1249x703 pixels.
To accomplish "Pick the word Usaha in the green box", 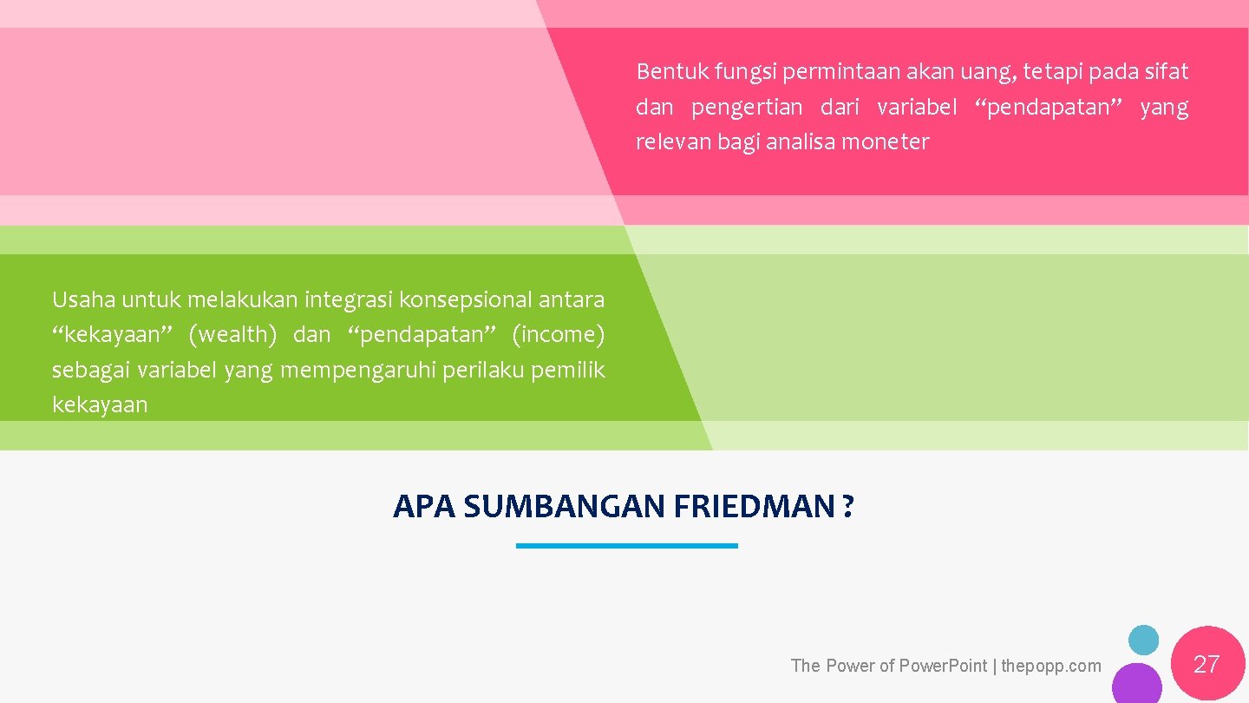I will click(83, 300).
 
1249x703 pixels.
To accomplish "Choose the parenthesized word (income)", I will click(558, 335).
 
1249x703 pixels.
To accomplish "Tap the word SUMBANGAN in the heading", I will click(563, 506).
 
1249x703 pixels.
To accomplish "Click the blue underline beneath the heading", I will click(626, 546).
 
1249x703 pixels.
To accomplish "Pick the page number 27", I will click(1206, 665).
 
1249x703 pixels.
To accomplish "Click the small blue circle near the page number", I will click(1143, 641).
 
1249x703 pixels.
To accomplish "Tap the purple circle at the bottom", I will click(1136, 685).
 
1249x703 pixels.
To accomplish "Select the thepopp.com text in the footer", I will click(1051, 666).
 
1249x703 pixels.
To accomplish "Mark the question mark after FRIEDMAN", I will click(847, 506).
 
